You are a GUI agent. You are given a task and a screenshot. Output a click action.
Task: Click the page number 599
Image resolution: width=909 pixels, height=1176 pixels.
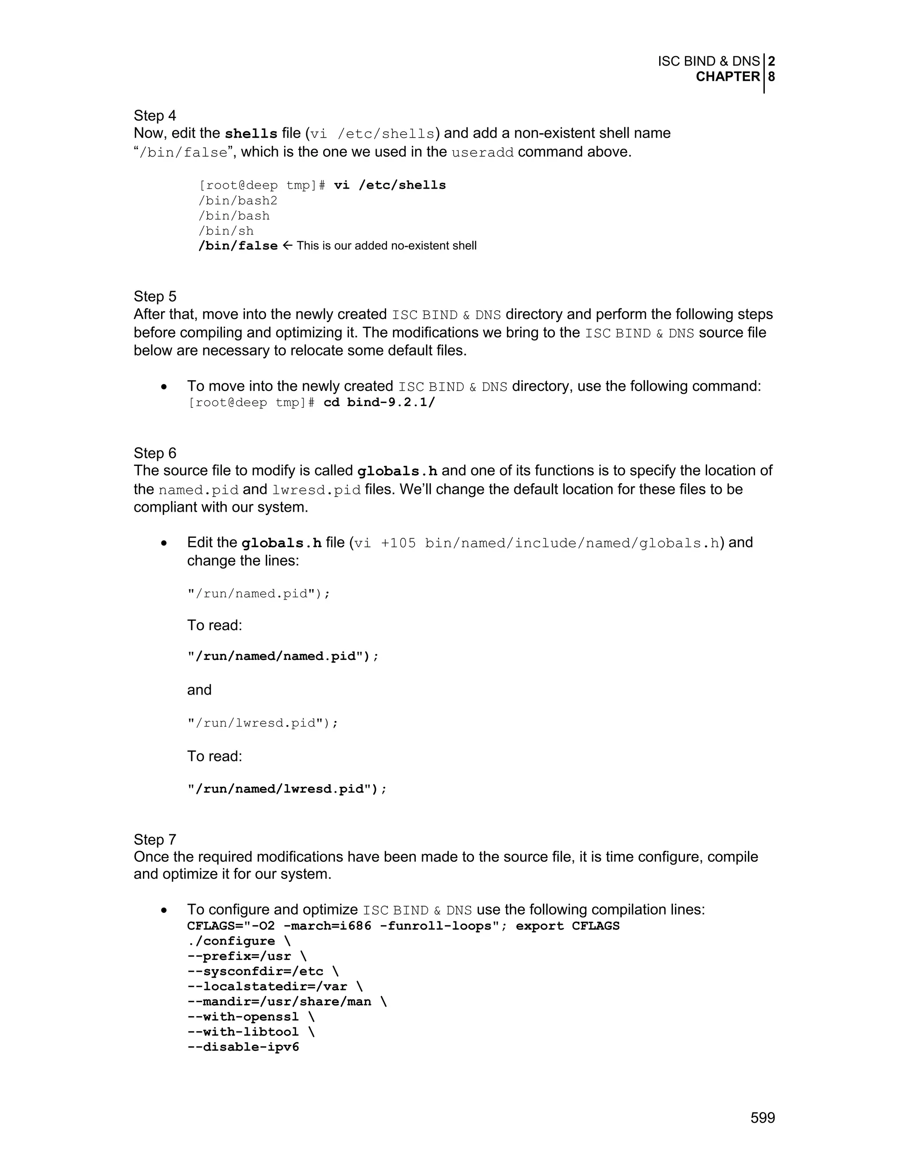coord(763,1118)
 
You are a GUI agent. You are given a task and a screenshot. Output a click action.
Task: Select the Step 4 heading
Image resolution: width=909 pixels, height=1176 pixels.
coord(154,116)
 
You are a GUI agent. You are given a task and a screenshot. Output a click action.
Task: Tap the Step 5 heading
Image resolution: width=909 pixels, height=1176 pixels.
coord(154,297)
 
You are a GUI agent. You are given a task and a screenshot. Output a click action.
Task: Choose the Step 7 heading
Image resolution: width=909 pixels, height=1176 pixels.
coord(154,840)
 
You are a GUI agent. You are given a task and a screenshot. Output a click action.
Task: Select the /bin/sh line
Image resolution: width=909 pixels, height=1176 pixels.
coord(226,231)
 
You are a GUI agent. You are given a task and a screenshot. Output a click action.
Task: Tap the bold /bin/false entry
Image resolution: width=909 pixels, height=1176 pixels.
coord(238,246)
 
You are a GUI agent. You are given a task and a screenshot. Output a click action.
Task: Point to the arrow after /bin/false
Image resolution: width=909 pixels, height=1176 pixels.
coord(288,245)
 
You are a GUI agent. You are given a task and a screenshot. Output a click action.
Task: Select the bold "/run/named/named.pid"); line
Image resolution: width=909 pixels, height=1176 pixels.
coord(283,656)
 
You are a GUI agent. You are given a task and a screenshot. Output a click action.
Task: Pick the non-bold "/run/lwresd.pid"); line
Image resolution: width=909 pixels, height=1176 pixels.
coord(263,722)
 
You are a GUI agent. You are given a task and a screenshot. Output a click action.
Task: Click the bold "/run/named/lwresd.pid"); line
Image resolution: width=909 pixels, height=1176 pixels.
coord(287,789)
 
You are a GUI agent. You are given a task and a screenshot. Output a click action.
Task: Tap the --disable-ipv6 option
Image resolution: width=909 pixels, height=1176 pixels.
coord(243,1047)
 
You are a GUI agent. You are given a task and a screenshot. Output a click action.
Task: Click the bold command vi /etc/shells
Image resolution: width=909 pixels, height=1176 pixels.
coord(390,185)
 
